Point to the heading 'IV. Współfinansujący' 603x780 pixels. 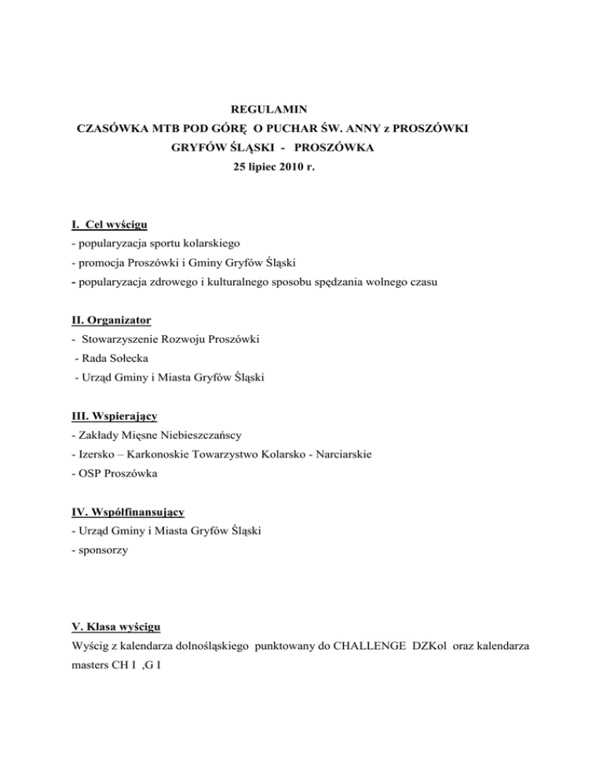127,512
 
